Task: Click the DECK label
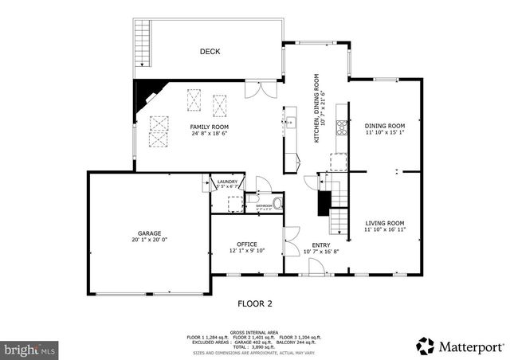pos(210,52)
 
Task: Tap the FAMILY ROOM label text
pos(209,127)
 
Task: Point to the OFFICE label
pos(247,244)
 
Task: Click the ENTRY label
pos(321,245)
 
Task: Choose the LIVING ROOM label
pos(385,223)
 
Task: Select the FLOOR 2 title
pos(255,303)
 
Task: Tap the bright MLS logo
pos(30,349)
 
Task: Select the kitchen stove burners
pos(342,125)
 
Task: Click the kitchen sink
pos(292,123)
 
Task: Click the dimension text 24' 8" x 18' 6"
pos(209,134)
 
